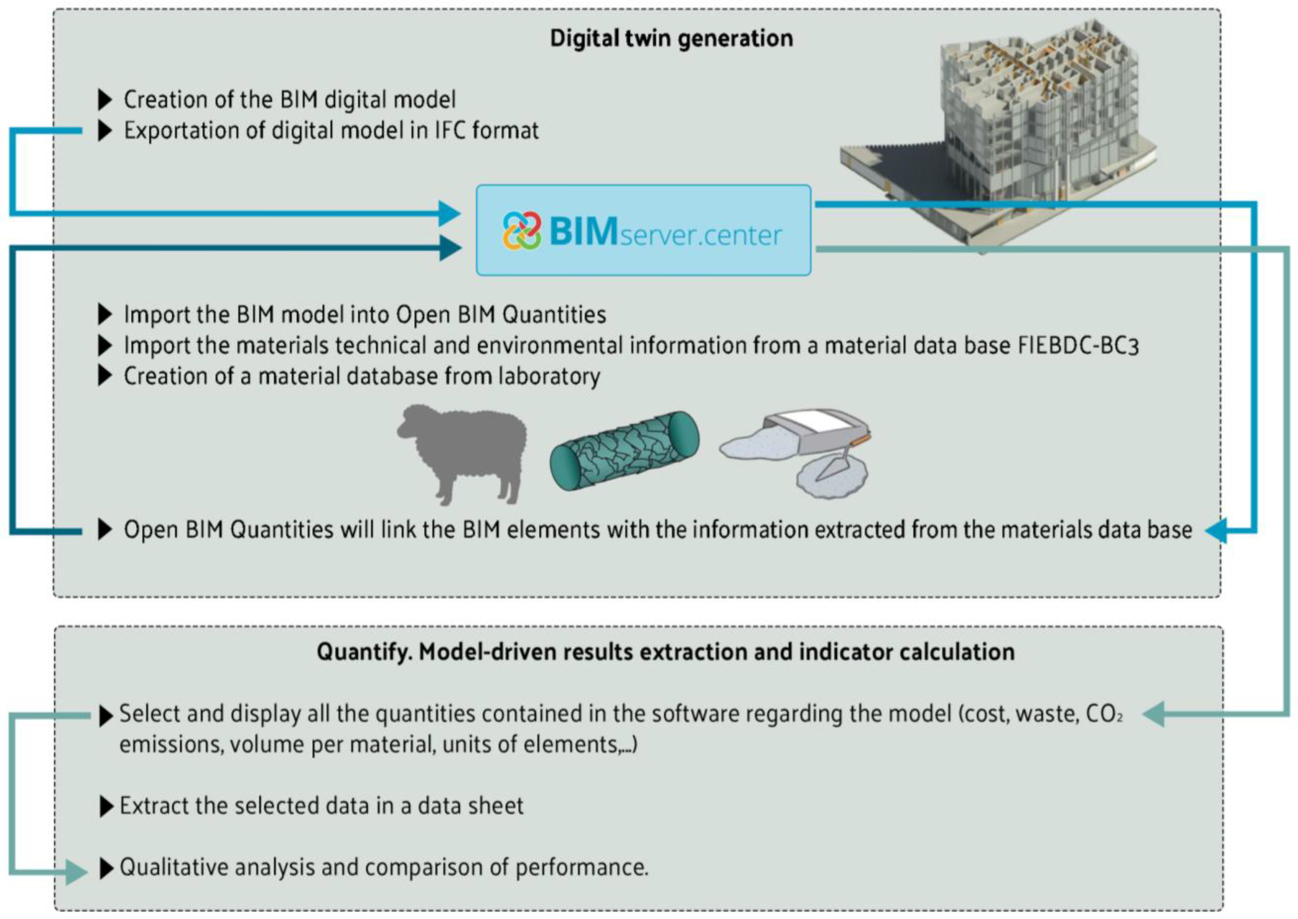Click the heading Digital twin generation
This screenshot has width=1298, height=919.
point(671,39)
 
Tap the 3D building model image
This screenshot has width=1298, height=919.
point(996,136)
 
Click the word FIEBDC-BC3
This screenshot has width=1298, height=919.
point(1078,346)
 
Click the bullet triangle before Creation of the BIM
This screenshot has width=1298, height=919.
point(105,100)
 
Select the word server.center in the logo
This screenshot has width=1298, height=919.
point(701,236)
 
